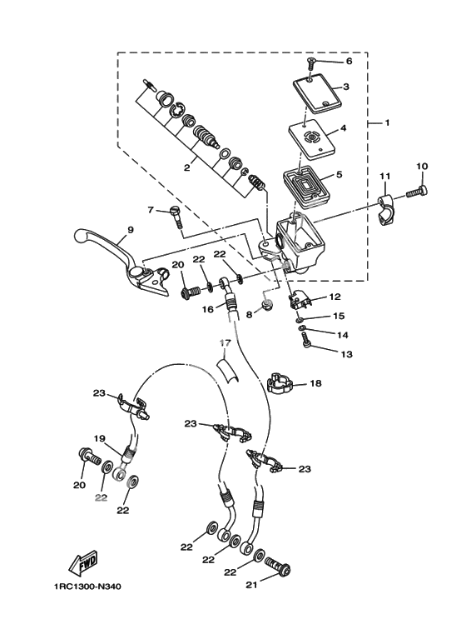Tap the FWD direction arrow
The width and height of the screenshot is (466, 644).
[84, 563]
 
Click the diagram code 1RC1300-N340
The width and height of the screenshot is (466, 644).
[87, 587]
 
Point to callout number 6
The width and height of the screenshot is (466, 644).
[349, 61]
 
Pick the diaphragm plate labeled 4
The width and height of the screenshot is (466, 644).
[312, 140]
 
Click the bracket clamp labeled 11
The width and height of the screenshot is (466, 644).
[386, 210]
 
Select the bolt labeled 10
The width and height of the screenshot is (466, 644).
[417, 192]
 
